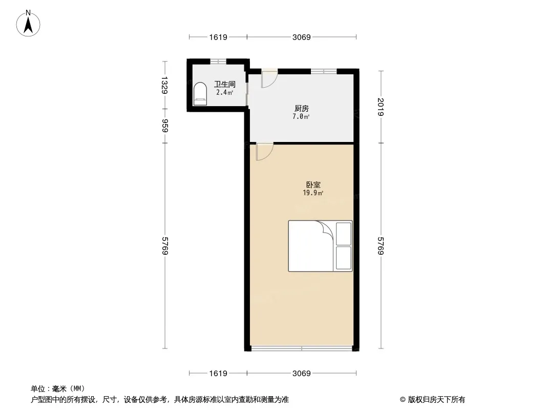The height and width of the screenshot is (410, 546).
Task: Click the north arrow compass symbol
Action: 28,24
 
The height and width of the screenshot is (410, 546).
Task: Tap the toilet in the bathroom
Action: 200,93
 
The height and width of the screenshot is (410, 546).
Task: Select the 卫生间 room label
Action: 225,84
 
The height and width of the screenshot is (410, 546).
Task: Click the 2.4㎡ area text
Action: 225,93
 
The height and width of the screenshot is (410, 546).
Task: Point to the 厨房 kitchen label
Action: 301,108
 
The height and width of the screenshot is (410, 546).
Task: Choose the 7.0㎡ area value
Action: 301,117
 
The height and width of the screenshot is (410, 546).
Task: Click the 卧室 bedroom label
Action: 313,184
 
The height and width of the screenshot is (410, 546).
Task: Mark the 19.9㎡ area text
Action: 313,193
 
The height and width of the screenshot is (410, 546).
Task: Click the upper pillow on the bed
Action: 343,233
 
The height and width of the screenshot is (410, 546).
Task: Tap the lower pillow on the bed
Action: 343,258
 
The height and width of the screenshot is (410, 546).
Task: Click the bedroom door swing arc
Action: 264,152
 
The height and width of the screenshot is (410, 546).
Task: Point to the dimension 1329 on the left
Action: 165,85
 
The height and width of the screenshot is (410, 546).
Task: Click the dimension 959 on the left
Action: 165,126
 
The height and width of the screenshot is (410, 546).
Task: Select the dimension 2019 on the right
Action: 381,107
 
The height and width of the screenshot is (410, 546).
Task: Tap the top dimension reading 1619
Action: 218,37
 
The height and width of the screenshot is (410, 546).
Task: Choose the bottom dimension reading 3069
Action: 302,374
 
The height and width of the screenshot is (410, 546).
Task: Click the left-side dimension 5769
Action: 165,245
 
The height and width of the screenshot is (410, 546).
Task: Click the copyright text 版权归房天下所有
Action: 436,400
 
